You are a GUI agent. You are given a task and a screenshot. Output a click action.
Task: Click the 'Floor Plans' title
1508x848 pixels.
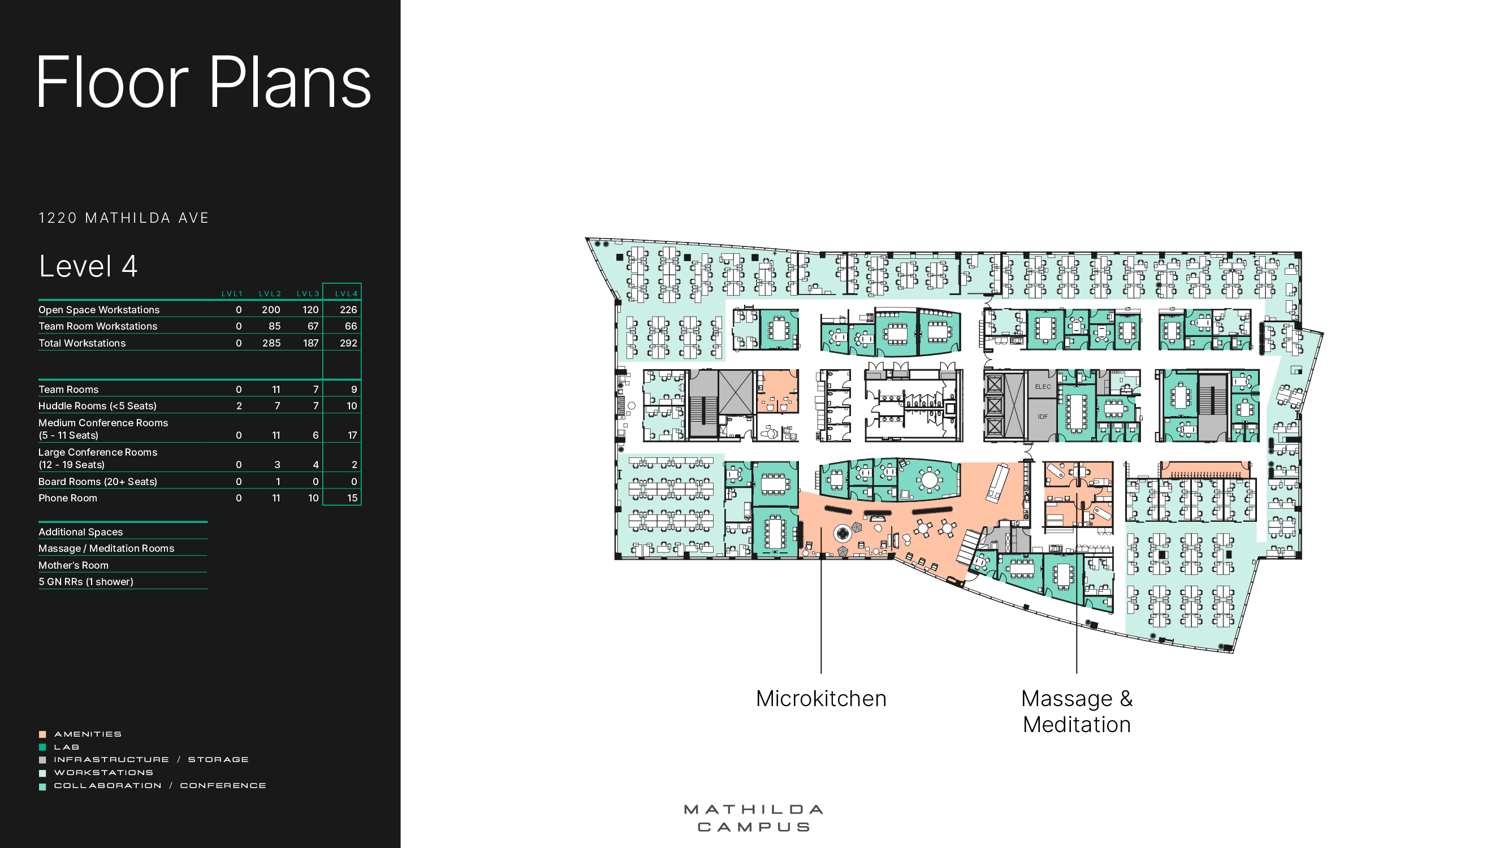[204, 82]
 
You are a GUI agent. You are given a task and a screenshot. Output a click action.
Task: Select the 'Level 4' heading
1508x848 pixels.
[88, 266]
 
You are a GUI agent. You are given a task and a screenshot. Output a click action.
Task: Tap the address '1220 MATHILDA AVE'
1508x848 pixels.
[123, 218]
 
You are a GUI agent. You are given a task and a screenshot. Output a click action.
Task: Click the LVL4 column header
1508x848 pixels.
[346, 294]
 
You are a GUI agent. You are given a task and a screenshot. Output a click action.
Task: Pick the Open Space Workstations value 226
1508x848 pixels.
[348, 310]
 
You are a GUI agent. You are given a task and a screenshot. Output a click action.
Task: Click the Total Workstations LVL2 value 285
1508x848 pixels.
[271, 343]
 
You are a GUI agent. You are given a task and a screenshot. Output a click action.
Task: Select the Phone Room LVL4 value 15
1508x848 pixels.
[352, 498]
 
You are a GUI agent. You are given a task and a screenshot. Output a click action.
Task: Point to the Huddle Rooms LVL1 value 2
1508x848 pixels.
[239, 405]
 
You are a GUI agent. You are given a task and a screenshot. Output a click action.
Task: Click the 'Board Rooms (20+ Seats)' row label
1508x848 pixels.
[98, 482]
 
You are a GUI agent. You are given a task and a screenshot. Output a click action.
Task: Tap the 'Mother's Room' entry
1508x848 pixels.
[73, 565]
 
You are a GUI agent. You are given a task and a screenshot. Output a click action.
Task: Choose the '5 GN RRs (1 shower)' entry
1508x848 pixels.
[86, 582]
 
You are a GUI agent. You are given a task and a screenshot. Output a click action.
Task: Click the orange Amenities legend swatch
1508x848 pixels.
[42, 734]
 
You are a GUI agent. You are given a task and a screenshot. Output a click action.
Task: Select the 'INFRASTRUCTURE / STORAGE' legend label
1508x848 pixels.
[151, 760]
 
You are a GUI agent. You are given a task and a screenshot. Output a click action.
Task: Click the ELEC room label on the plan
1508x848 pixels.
[1043, 387]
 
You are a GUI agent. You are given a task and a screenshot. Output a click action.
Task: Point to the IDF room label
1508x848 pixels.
[1042, 417]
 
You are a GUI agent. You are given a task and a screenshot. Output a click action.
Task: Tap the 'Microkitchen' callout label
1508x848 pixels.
[821, 699]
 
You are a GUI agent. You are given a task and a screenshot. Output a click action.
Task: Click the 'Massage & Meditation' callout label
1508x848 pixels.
[1077, 712]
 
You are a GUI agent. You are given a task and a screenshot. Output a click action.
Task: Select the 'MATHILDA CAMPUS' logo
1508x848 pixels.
[753, 818]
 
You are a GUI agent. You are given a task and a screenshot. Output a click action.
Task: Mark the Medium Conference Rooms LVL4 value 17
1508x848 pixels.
[352, 435]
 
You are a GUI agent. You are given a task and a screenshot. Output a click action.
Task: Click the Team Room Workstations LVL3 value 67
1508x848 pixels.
[313, 326]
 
